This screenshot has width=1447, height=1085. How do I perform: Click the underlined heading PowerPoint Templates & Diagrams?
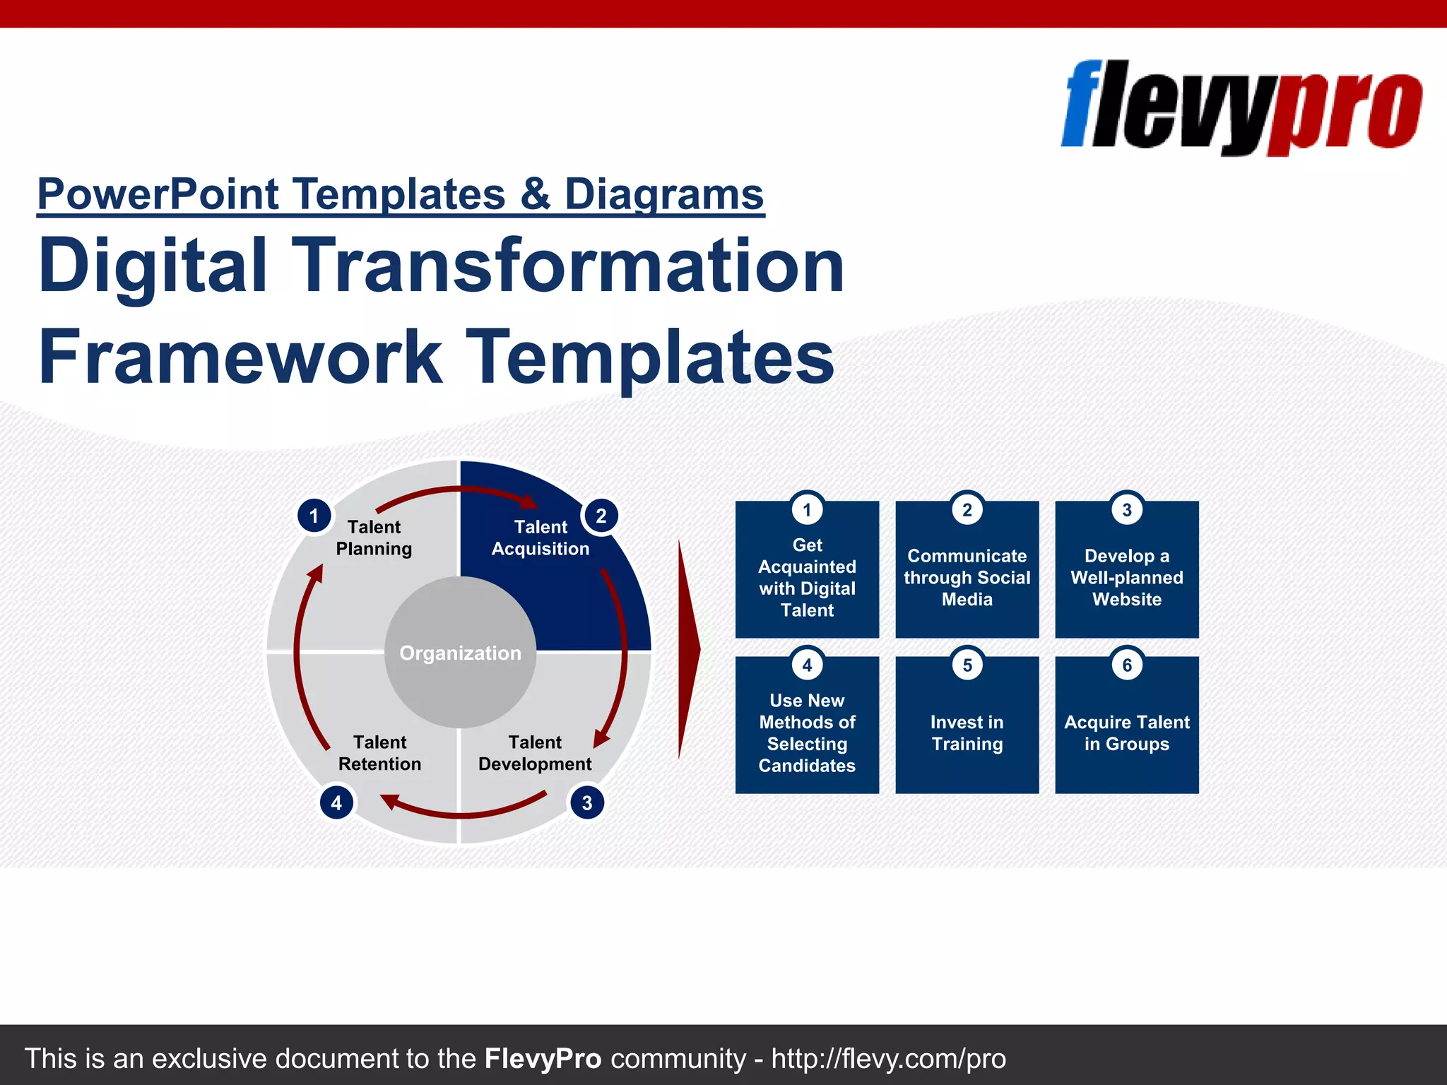(400, 194)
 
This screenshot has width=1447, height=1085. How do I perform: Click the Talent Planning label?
(374, 538)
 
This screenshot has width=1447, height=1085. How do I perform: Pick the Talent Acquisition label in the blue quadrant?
(540, 538)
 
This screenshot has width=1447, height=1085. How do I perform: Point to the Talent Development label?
(535, 753)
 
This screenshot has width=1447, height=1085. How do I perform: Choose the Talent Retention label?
(379, 753)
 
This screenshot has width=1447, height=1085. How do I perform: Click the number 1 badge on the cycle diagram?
(314, 516)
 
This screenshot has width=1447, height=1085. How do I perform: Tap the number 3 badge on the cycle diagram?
(586, 802)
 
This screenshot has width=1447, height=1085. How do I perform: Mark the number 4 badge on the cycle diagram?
(336, 802)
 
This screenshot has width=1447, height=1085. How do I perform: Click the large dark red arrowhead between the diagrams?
(688, 648)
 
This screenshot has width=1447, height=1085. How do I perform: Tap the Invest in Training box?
(967, 733)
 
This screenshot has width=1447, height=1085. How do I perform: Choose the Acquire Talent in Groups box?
(1126, 733)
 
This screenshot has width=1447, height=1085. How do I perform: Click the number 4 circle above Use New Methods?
(807, 665)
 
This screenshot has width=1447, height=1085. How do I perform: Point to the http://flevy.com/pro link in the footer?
(888, 1059)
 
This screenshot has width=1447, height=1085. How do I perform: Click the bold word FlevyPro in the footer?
(543, 1059)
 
